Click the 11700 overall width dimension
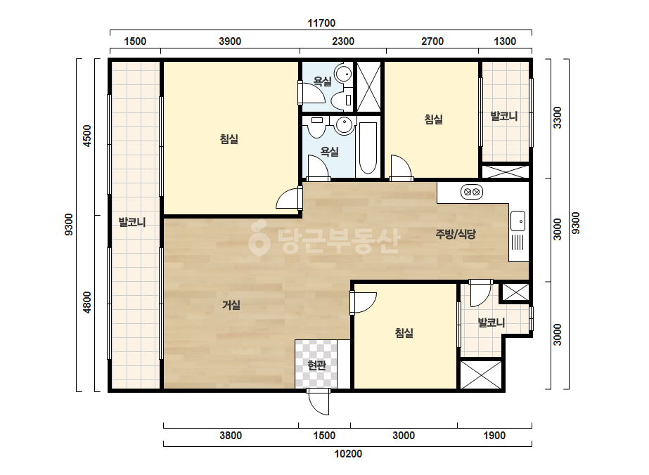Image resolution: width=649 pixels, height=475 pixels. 321,23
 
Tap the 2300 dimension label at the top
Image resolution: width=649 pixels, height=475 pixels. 343,41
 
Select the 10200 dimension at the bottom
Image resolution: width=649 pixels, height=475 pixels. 348,454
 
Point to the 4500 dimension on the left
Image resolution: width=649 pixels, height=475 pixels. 87,136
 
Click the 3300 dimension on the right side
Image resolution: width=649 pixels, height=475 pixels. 558,117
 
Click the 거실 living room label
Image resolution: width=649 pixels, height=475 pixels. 231,306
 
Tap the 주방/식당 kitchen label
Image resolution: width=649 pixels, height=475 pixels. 456,234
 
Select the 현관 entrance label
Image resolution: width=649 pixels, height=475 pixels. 316,365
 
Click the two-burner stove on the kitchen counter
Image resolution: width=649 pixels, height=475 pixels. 472,192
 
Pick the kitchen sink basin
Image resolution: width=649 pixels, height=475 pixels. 518,221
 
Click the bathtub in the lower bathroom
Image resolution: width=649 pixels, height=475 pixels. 368,148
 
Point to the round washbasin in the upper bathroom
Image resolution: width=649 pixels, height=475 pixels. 343,74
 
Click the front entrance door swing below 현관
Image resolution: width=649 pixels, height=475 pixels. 319,402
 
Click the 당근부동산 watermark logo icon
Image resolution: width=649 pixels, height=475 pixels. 259,239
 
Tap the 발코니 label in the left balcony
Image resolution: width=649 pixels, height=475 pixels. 132,222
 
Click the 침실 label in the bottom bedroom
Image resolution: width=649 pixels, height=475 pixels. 404,333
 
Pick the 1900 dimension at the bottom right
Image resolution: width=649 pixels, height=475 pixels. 494,436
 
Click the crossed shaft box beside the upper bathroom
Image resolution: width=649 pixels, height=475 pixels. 368,87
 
